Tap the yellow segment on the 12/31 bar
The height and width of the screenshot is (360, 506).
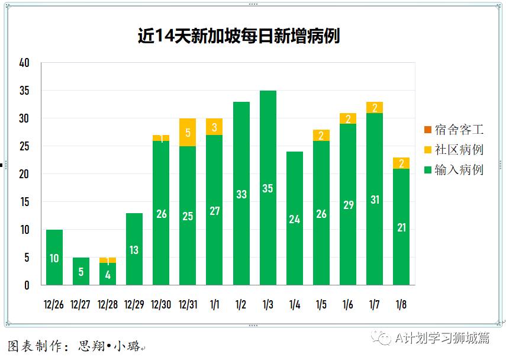point(188,133)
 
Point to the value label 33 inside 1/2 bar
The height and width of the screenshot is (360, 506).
point(241,194)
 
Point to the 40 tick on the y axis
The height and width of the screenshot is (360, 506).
point(24,63)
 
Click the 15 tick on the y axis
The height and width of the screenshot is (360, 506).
point(24,202)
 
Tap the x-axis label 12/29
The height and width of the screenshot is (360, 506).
point(134,305)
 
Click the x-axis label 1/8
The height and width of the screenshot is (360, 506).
point(401,305)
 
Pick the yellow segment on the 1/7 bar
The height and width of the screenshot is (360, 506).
point(375,107)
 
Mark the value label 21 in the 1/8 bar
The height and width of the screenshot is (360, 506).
point(401,227)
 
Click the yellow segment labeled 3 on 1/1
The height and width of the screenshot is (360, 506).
point(214,127)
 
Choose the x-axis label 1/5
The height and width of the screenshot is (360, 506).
point(321,305)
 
